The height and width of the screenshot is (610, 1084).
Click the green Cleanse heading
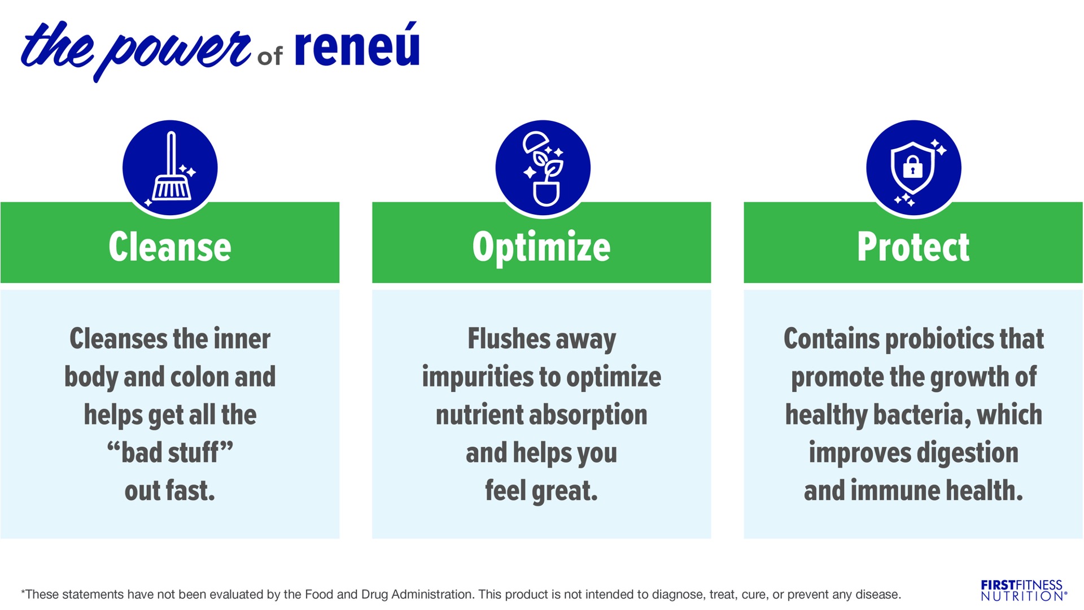(170, 247)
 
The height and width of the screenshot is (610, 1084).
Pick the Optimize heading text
(541, 248)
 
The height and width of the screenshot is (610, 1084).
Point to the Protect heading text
(913, 247)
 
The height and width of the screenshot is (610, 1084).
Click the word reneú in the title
(357, 45)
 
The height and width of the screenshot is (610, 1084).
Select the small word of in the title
(270, 56)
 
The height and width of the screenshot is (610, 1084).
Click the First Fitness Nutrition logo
(1024, 590)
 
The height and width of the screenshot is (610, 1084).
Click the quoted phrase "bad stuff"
(170, 452)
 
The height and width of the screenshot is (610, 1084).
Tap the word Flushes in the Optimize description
(509, 339)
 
